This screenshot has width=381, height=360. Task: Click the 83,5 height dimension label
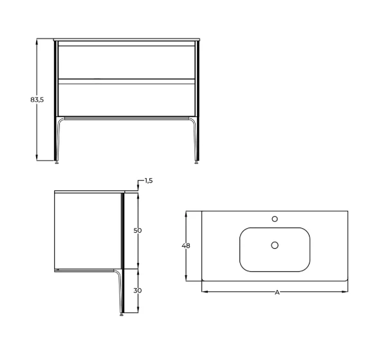click(37, 100)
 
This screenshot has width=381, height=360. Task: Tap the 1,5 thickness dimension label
click(148, 181)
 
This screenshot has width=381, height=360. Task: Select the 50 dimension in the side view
click(137, 230)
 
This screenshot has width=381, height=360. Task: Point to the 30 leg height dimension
click(137, 291)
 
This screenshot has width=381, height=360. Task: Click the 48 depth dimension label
click(186, 246)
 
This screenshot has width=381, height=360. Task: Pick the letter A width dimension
click(277, 292)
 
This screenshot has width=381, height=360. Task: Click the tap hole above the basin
click(275, 219)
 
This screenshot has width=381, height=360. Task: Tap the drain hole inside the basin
click(275, 245)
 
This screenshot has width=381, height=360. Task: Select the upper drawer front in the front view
click(127, 62)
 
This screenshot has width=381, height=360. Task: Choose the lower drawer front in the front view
click(127, 98)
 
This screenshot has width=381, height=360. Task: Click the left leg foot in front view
click(57, 161)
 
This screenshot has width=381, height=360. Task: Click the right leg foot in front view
click(197, 161)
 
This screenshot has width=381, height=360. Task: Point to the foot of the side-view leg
click(122, 314)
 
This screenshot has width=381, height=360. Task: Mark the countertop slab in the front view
click(127, 39)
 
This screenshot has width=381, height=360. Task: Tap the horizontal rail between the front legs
click(127, 118)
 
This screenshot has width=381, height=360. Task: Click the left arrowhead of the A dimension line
click(204, 291)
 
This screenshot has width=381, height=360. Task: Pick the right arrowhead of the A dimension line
click(346, 291)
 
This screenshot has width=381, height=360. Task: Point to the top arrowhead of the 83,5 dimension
click(37, 40)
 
